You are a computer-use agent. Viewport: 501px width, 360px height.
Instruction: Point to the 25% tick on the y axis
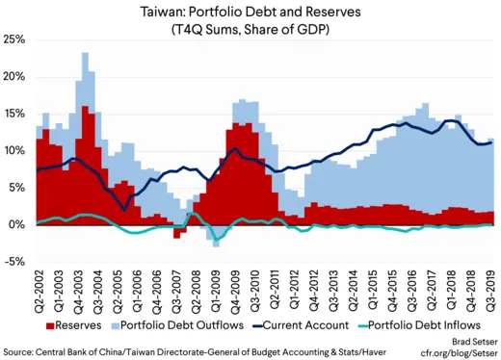[14, 40]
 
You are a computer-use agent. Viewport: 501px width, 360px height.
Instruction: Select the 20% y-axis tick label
[14, 77]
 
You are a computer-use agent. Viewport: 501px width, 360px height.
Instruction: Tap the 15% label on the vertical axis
[14, 114]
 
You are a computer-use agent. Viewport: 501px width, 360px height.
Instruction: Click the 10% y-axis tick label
[14, 151]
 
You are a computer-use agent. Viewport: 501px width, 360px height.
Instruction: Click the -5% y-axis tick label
[15, 261]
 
